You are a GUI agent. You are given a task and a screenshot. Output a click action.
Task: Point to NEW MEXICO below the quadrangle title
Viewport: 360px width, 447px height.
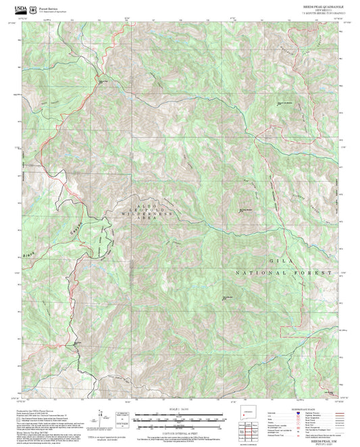(x=322, y=9)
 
